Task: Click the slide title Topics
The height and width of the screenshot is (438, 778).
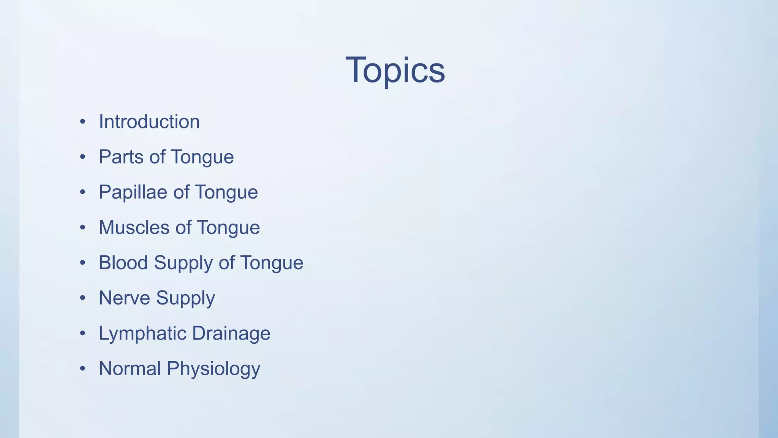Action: (x=395, y=70)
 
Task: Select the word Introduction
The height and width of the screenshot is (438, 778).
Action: (x=149, y=122)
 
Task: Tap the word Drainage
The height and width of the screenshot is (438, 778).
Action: (x=231, y=333)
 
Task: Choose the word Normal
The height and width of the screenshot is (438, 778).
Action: (x=130, y=368)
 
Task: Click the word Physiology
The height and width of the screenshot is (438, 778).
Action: (x=213, y=369)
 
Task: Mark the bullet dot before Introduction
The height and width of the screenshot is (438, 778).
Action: (x=82, y=122)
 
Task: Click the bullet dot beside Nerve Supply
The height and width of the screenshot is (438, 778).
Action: (x=82, y=298)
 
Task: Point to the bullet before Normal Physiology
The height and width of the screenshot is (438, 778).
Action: (x=82, y=369)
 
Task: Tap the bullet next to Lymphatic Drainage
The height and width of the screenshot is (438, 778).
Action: (x=82, y=333)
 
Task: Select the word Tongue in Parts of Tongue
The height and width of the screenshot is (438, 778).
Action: (x=202, y=157)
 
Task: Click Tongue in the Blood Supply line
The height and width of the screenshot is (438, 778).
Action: (x=272, y=263)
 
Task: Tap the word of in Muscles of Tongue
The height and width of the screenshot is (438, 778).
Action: (x=183, y=227)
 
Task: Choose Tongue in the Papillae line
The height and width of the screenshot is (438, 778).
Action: (x=226, y=192)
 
